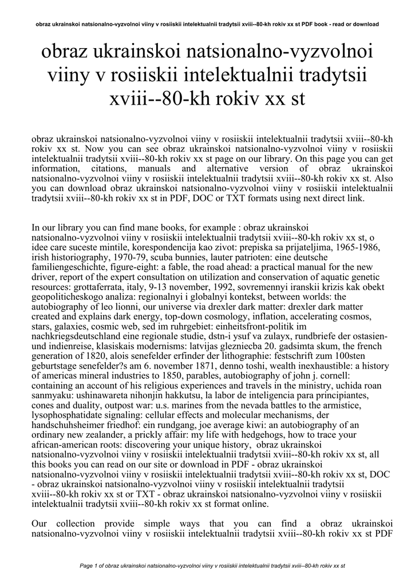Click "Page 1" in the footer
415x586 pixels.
(x=91, y=567)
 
